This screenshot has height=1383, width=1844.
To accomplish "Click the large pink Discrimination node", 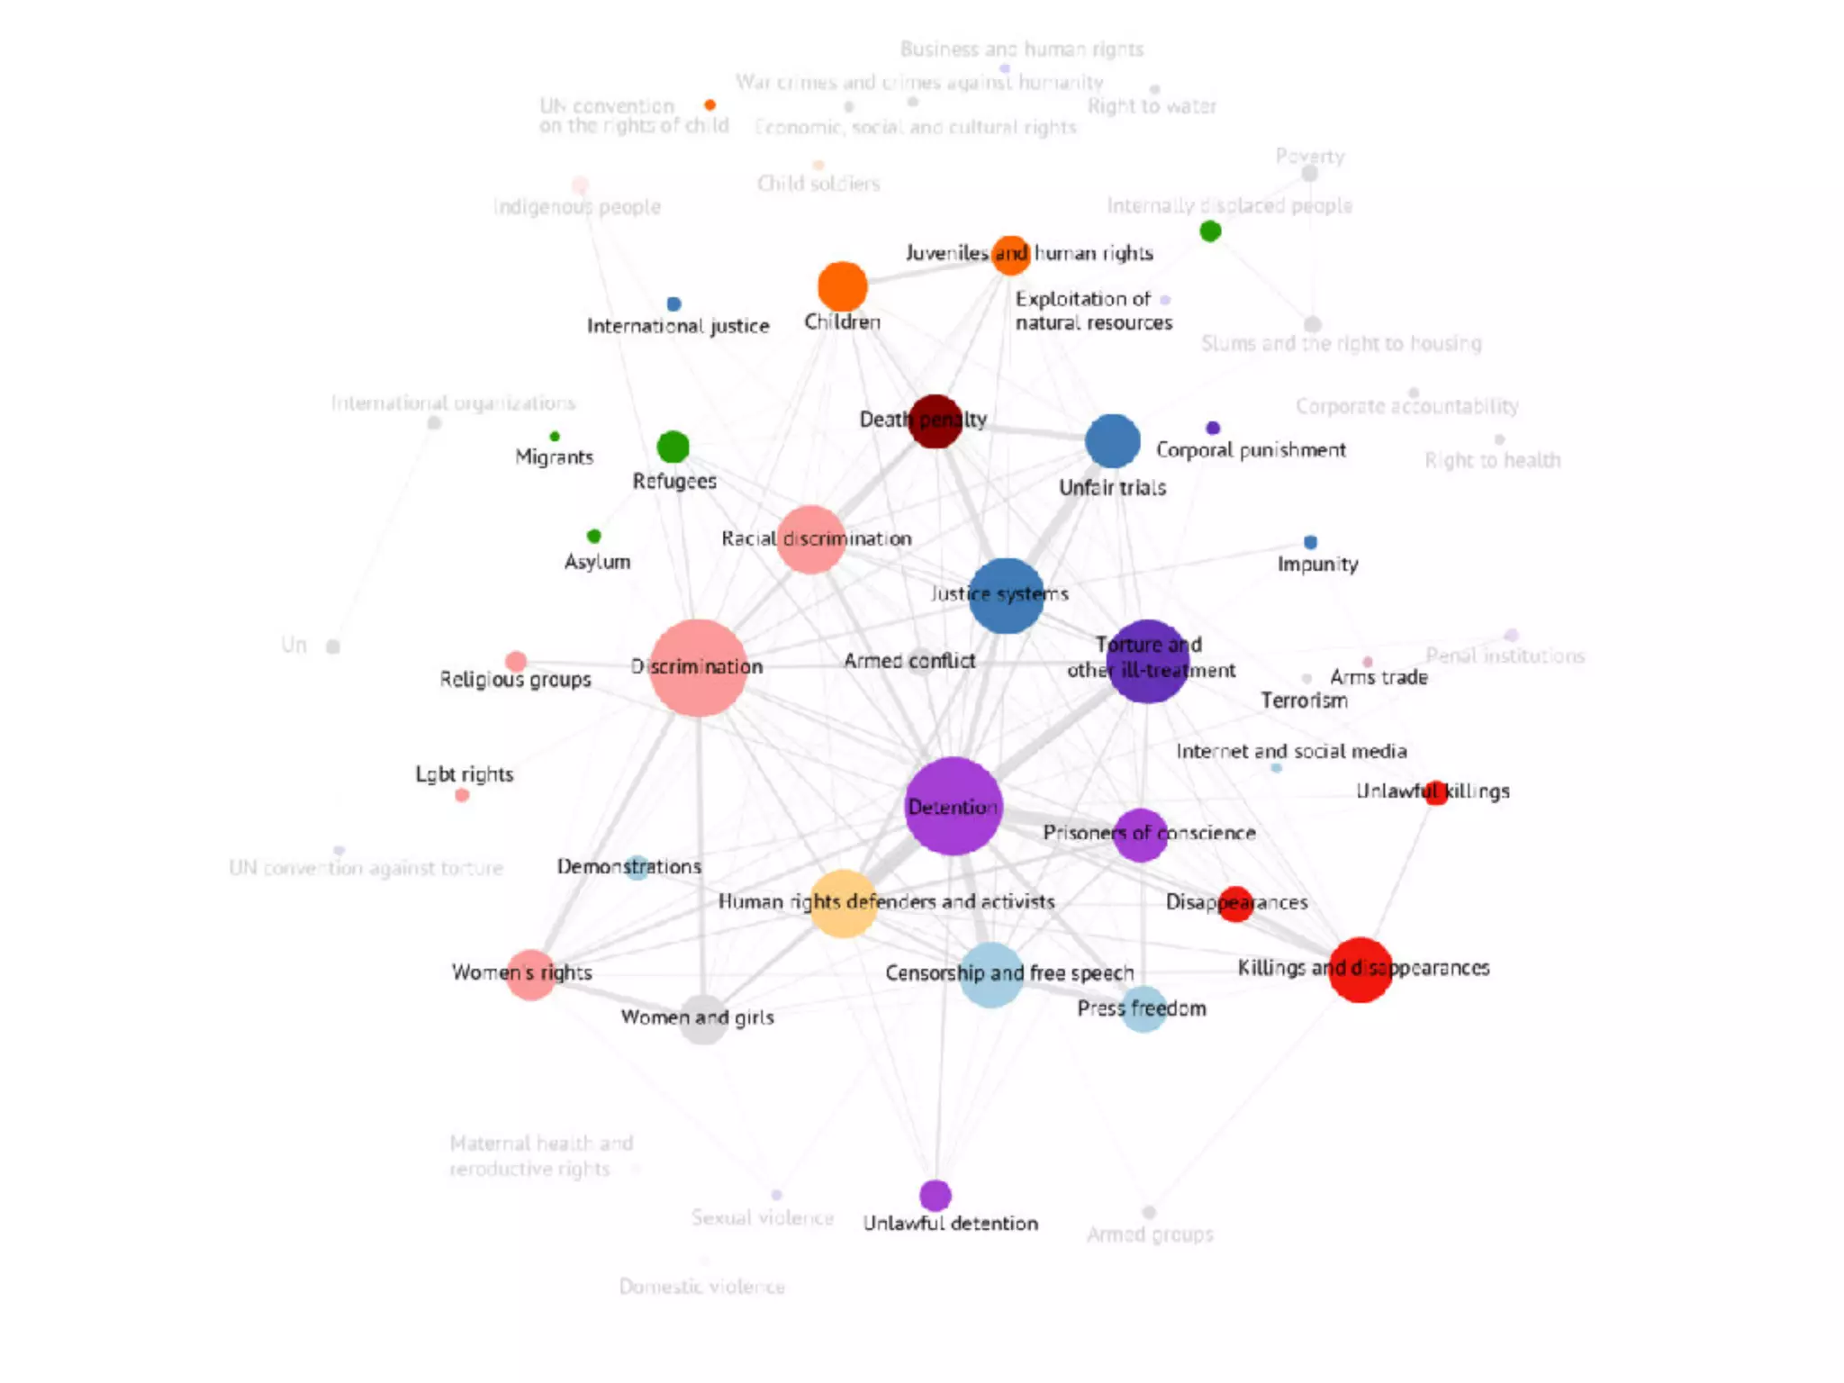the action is [x=698, y=667].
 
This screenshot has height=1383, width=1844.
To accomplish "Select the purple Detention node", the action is [x=953, y=806].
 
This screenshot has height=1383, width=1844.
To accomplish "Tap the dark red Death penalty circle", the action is [x=936, y=420].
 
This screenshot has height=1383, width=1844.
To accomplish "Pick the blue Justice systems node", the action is [x=1006, y=595].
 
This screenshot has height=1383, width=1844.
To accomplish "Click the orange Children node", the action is [x=842, y=286].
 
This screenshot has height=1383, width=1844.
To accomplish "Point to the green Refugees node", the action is [x=673, y=447].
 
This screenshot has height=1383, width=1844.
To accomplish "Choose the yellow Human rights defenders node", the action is [x=843, y=903].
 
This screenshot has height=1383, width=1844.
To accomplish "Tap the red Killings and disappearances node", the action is [x=1360, y=970].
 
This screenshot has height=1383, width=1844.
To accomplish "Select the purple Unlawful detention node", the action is [x=936, y=1196].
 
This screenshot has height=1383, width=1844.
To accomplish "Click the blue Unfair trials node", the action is [x=1112, y=441].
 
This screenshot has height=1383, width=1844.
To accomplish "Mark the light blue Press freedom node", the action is [x=1143, y=1009].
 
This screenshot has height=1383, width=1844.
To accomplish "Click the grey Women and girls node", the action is [x=703, y=1019].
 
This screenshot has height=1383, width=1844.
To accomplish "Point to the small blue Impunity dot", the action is [x=1310, y=542].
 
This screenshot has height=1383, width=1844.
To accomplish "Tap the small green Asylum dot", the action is [x=593, y=537].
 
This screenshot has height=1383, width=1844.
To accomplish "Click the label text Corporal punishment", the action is [x=1251, y=449].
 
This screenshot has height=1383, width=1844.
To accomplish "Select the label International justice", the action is [x=678, y=326].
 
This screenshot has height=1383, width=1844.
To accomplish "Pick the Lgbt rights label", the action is [x=464, y=774].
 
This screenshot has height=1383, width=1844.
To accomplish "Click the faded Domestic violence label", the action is [x=701, y=1287].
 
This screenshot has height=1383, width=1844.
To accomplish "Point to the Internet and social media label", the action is [x=1291, y=751].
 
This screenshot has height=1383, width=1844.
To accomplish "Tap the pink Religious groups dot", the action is [x=516, y=662].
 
